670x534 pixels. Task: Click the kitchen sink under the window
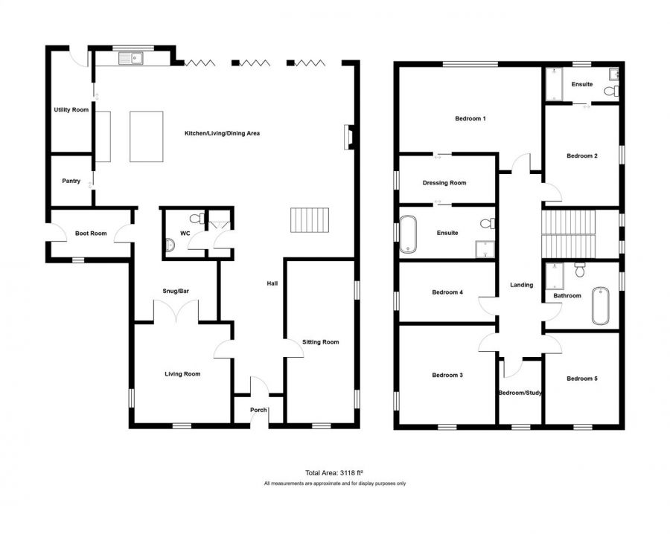[x=131, y=58]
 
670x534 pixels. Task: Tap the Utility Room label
[x=71, y=110]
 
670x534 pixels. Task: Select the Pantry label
[x=71, y=181]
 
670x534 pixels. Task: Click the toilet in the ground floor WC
[x=197, y=219]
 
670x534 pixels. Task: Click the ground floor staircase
[x=310, y=220]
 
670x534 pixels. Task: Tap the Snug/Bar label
[x=176, y=291]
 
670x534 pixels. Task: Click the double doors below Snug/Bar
[x=176, y=311]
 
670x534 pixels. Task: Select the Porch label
[x=258, y=410]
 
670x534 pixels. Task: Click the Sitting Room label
[x=320, y=342]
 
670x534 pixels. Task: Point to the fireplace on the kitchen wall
[x=348, y=137]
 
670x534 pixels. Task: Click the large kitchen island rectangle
[x=147, y=137]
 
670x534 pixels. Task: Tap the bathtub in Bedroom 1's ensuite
[x=408, y=234]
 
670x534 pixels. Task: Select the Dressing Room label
[x=444, y=183]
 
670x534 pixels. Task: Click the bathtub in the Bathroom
[x=600, y=306]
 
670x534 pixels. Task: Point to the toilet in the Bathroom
[x=580, y=270]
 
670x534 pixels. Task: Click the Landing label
[x=522, y=285]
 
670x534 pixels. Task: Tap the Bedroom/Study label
[x=520, y=393]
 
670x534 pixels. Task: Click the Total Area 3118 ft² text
[x=334, y=472]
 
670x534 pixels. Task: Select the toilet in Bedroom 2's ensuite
[x=611, y=91]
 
